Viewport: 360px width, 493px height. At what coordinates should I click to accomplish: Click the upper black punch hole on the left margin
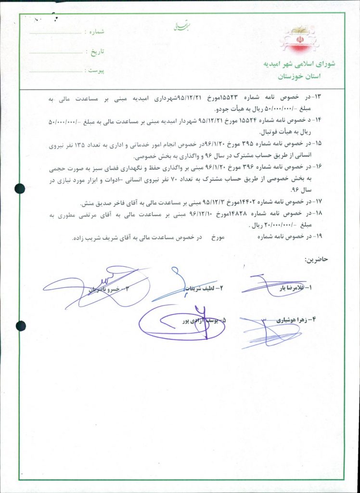(20, 188)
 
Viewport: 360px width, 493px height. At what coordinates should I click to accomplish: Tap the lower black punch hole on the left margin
(20, 326)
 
